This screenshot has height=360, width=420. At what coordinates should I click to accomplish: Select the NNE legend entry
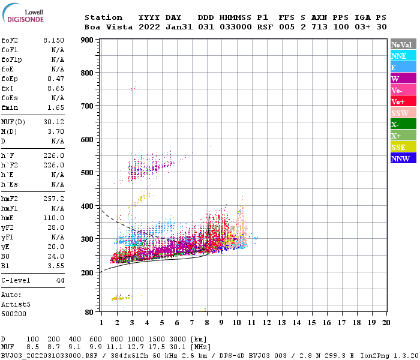click(x=399, y=56)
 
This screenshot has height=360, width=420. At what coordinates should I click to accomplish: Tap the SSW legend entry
click(x=400, y=113)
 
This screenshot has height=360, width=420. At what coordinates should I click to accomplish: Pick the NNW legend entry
click(x=400, y=158)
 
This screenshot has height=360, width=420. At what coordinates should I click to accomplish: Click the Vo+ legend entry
click(x=398, y=101)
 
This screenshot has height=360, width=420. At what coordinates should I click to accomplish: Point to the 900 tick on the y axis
click(x=88, y=40)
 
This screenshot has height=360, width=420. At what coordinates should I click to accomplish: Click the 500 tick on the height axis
click(x=88, y=173)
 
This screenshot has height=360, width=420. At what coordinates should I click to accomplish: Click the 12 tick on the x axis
click(x=266, y=323)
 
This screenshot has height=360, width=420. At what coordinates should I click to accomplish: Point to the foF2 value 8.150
click(x=53, y=40)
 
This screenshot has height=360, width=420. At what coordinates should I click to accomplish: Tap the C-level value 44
click(x=60, y=280)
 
